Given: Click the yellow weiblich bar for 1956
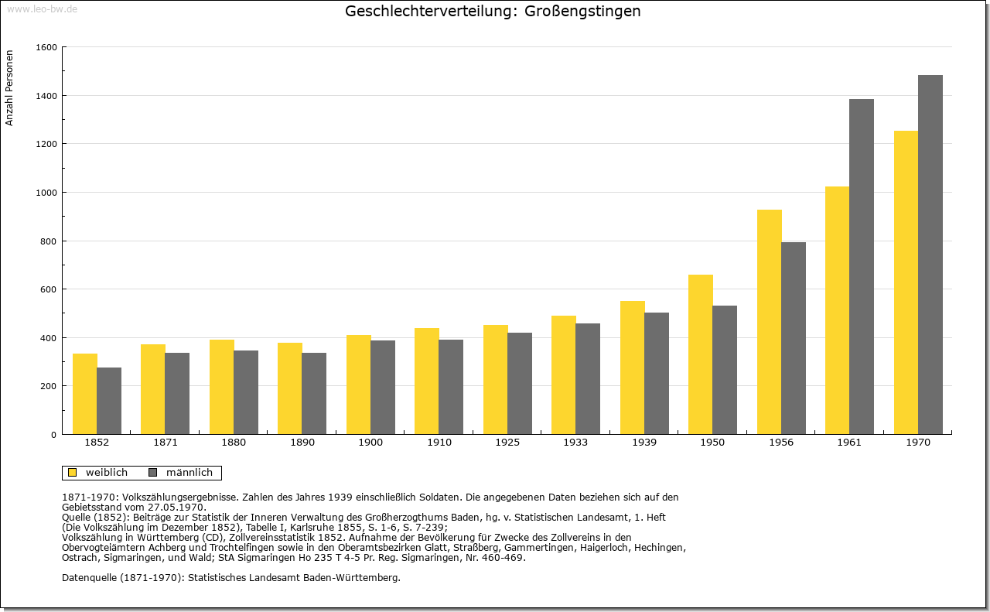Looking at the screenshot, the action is point(769,322).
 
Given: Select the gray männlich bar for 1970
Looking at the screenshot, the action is point(930,255).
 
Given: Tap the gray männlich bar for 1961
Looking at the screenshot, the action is point(862,267).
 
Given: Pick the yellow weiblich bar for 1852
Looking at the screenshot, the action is point(85,394).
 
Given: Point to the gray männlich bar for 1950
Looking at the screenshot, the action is point(725,370).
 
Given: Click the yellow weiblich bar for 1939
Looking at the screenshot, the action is point(633,368).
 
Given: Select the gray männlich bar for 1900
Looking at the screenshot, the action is point(383,388).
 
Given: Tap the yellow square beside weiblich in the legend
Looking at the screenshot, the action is point(73,473).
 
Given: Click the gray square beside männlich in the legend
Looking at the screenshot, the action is point(153,473).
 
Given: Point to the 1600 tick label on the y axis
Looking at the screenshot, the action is point(46,47).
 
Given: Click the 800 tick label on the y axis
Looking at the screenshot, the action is point(49,241).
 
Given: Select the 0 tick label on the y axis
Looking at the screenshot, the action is point(54,435).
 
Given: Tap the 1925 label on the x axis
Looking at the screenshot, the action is point(507,443).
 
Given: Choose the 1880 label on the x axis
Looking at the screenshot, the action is point(234,443).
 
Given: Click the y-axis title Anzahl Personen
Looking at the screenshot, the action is point(9,88).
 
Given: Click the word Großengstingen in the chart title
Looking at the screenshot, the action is point(582,11).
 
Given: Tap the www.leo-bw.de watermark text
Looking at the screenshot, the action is point(42,9).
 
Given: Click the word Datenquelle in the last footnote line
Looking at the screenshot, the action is point(89,578).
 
